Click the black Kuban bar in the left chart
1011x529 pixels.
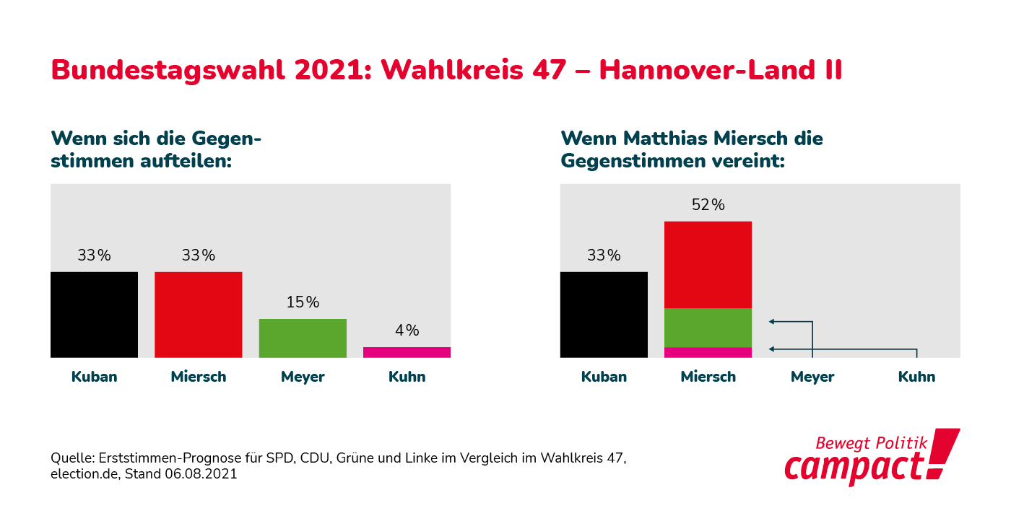click(94, 315)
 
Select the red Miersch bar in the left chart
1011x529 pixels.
click(199, 315)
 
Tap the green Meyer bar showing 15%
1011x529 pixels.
click(303, 338)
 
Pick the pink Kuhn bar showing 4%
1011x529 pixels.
click(407, 352)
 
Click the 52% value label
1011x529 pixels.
click(708, 205)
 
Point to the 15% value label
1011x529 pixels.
click(303, 302)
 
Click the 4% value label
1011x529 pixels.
click(407, 331)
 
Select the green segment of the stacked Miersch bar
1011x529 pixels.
click(708, 328)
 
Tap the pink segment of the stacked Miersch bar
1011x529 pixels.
click(708, 352)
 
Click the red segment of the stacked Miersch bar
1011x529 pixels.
click(708, 265)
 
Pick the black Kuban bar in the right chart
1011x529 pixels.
click(604, 315)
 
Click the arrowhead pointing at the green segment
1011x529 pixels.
click(772, 321)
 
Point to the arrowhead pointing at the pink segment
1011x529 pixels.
click(772, 349)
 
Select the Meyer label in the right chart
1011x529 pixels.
click(812, 377)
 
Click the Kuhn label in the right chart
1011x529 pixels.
click(916, 377)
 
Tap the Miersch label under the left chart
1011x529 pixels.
click(199, 377)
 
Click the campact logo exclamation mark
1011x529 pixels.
click(943, 453)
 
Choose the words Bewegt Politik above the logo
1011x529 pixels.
click(871, 442)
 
